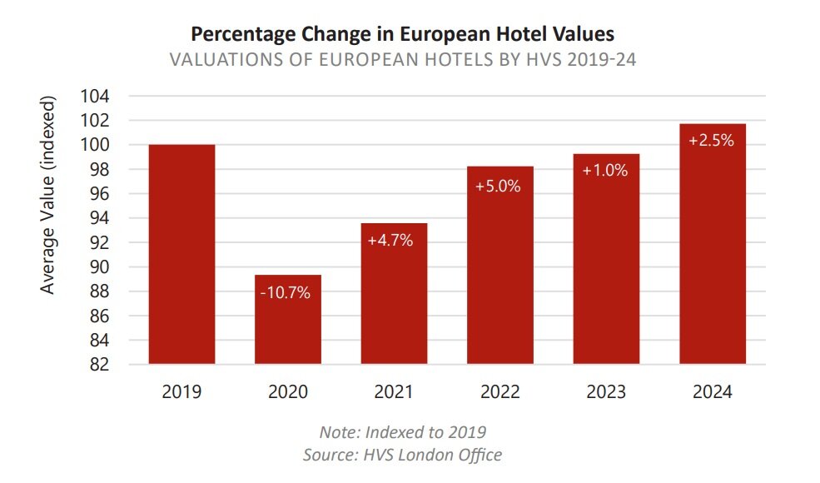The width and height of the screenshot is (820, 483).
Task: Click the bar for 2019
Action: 181,254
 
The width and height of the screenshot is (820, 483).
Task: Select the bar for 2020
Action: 288,320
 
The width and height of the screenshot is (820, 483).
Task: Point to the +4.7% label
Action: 390,240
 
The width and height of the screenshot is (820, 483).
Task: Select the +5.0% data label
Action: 498,187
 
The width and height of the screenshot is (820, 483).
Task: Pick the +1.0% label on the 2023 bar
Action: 605,170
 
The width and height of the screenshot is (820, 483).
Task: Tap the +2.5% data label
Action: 712,141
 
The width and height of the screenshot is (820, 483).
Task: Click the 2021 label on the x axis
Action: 393,392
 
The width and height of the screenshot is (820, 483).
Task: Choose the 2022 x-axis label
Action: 499,392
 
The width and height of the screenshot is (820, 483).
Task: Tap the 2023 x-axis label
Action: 605,392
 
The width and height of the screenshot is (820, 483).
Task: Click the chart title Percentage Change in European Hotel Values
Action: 403,34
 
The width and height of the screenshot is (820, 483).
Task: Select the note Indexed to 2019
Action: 403,432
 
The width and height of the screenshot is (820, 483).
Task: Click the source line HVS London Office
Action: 403,455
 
